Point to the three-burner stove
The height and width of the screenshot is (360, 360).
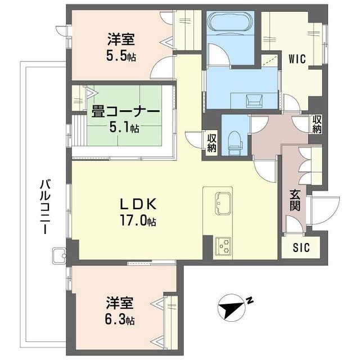(223, 245)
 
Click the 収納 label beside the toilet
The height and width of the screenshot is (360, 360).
(211, 143)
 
